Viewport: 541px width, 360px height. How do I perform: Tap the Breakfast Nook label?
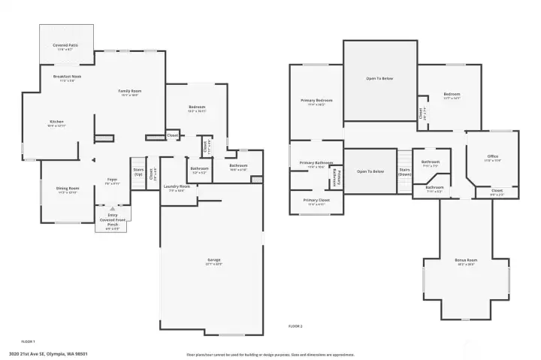pos(67,77)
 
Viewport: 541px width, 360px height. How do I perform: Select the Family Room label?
pos(130,92)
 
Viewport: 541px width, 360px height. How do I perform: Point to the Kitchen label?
pos(57,123)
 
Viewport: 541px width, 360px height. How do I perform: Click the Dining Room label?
pos(67,189)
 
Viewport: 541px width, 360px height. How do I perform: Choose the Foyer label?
pos(112,180)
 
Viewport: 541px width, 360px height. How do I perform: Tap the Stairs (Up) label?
pos(138,171)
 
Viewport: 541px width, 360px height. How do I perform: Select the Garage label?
pos(213,261)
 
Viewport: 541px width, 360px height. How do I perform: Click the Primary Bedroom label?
pos(316,101)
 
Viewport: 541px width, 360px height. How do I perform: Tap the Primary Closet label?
pos(316,201)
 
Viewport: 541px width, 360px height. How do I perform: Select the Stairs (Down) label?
pos(404,171)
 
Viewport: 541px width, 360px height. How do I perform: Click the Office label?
pos(492,157)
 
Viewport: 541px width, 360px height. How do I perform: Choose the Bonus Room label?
pos(465,262)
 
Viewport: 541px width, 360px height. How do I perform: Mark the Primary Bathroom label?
pos(316,163)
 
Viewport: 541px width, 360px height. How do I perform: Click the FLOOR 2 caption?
pos(295,326)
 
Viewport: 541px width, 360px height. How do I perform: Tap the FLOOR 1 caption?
pos(28,341)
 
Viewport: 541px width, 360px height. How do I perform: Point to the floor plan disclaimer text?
pos(270,354)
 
